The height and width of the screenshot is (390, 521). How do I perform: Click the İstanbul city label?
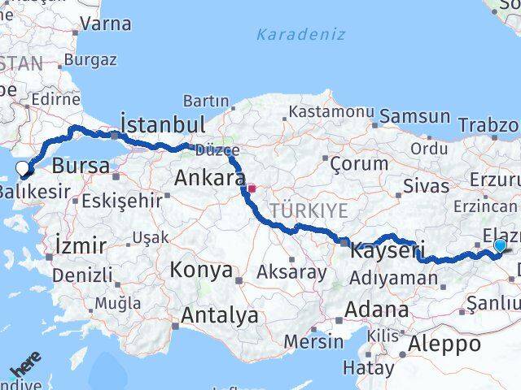click(162, 124)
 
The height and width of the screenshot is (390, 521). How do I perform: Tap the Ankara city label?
click(211, 179)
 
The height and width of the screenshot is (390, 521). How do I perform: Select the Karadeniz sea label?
click(300, 34)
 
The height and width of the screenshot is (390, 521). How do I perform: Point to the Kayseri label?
click(388, 251)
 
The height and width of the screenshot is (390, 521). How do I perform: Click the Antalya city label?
click(220, 314)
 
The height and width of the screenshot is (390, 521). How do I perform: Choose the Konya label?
click(200, 270)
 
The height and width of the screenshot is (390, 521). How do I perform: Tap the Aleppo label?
click(445, 344)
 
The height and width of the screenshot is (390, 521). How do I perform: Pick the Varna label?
click(106, 24)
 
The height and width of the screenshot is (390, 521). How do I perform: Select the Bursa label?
click(80, 167)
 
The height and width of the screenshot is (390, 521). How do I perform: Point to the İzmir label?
click(81, 245)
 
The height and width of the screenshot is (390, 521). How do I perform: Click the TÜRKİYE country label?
click(309, 210)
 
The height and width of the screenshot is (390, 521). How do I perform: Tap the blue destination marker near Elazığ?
click(500, 245)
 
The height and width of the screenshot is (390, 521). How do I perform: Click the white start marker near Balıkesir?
click(23, 168)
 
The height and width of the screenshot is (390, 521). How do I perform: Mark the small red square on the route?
click(252, 188)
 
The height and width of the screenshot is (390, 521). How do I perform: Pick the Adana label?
click(375, 310)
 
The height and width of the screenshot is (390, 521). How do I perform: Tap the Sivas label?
click(427, 185)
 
